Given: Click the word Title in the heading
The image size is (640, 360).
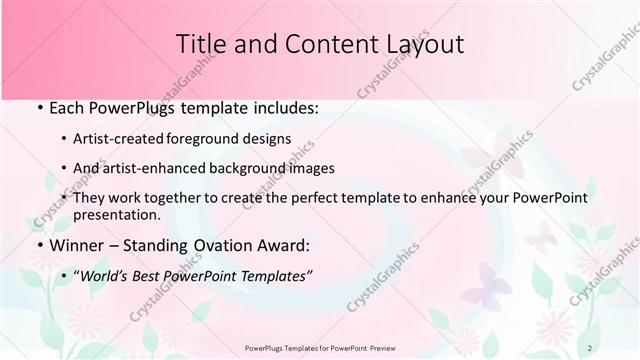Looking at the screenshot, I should [x=199, y=44].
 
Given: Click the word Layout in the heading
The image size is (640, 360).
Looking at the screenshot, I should [x=427, y=44].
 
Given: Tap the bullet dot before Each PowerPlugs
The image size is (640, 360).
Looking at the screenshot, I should [x=38, y=107].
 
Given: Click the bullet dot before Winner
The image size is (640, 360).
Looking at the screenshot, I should [x=38, y=245].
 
